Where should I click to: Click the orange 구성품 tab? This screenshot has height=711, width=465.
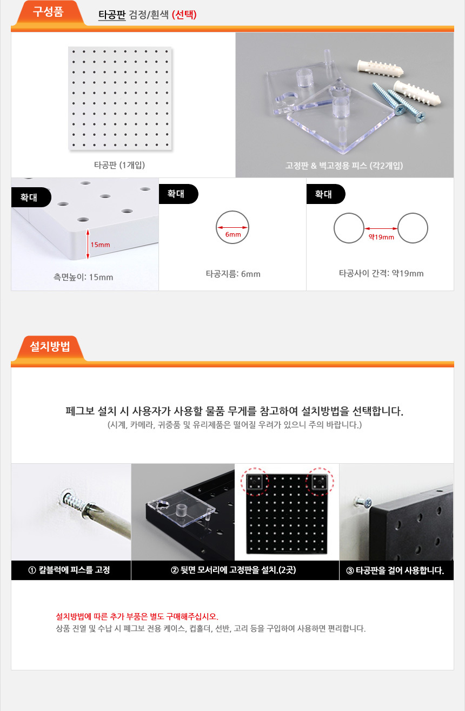click(48, 12)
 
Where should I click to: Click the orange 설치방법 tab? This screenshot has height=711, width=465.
click(50, 347)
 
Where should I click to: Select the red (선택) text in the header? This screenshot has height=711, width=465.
click(184, 15)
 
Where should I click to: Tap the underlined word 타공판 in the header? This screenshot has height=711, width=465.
click(112, 15)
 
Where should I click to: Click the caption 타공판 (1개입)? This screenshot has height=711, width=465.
click(119, 165)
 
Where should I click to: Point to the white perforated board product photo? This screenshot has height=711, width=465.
click(120, 98)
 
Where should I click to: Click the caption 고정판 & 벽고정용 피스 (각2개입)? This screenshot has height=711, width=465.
click(344, 166)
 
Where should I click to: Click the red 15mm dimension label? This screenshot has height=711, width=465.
click(100, 245)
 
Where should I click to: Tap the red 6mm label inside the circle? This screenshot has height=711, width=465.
click(233, 235)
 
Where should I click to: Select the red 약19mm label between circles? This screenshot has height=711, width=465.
click(381, 237)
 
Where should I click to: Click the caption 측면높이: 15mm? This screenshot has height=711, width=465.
click(83, 277)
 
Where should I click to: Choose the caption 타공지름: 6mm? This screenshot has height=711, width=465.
click(233, 274)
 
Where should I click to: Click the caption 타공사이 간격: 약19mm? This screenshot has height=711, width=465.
click(381, 274)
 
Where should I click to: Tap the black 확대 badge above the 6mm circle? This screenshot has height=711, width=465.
click(178, 194)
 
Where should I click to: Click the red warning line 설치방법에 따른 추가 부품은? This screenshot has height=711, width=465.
click(137, 616)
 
